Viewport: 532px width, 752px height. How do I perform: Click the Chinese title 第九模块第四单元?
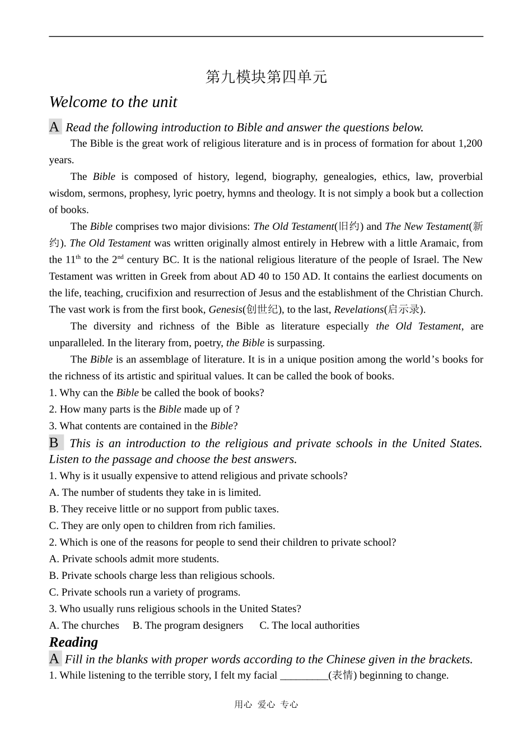(x=266, y=77)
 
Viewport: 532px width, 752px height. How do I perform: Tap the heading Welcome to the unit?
(x=113, y=102)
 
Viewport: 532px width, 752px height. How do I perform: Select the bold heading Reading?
(x=73, y=642)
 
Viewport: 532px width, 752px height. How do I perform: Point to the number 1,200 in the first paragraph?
(x=470, y=143)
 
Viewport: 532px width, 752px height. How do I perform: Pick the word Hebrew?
(x=347, y=243)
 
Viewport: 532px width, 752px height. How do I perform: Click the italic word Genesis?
(x=225, y=309)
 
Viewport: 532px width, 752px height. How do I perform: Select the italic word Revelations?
(x=358, y=309)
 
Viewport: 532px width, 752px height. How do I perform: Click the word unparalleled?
(x=75, y=343)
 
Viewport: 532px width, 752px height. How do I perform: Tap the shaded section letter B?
(x=55, y=443)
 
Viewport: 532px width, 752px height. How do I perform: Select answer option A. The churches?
(x=84, y=625)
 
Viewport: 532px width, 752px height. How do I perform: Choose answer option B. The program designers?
(x=188, y=625)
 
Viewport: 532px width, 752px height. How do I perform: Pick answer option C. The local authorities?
(x=309, y=625)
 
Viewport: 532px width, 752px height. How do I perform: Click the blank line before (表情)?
(x=304, y=676)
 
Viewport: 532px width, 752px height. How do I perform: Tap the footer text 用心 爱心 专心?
(x=266, y=704)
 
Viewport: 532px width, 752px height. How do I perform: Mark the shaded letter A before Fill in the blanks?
(x=54, y=659)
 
